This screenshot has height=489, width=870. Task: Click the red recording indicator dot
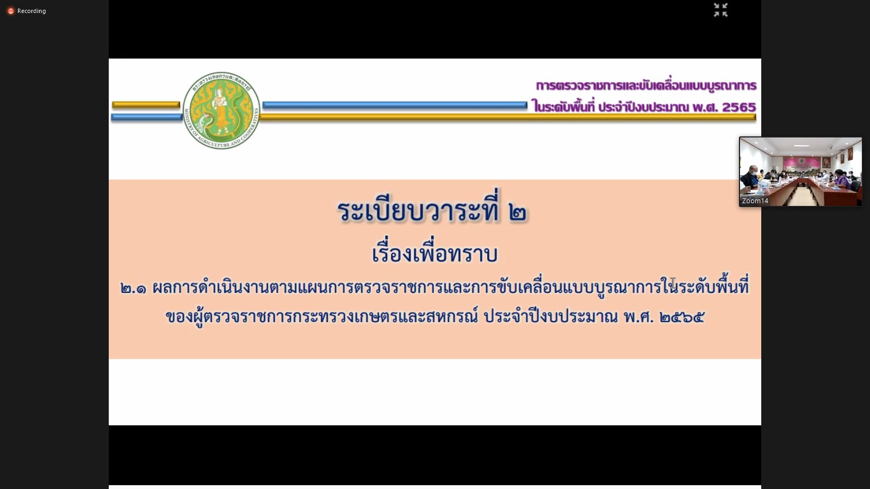point(11,11)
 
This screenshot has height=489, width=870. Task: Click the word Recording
point(32,11)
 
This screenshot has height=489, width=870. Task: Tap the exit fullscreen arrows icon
point(720,10)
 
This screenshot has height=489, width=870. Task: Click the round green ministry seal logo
point(221,110)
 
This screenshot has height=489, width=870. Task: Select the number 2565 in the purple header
point(739,107)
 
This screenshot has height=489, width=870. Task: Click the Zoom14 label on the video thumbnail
point(755,200)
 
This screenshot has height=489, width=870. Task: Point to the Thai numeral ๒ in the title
point(518,212)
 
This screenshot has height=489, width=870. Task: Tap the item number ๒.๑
point(133,289)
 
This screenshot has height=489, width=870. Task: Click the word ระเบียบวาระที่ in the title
point(418,210)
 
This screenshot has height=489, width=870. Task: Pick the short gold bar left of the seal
point(146,104)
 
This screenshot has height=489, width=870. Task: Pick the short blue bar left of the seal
point(146,117)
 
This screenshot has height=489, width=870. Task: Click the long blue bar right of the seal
point(395,105)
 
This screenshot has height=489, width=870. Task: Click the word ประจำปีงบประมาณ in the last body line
point(551,317)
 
